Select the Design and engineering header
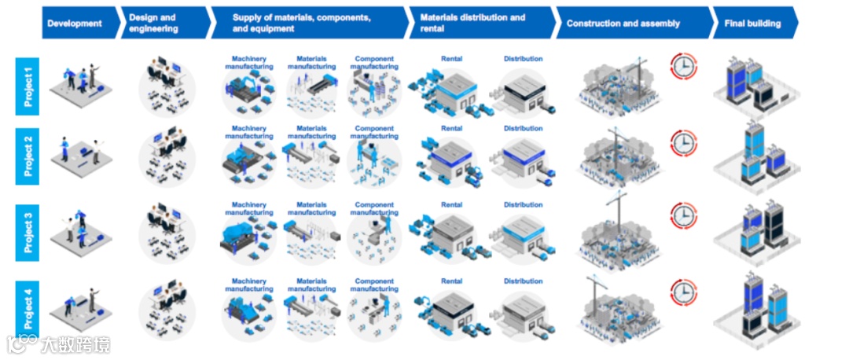click(x=162, y=24)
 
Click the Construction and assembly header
click(x=624, y=24)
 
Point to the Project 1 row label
click(x=28, y=82)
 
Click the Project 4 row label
click(x=28, y=310)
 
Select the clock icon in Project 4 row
click(x=683, y=292)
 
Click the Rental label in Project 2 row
click(x=452, y=128)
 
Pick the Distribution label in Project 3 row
click(x=523, y=205)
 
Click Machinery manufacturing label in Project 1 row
click(x=249, y=63)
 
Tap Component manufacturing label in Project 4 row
click(x=375, y=285)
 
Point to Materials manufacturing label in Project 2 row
click(x=311, y=132)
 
